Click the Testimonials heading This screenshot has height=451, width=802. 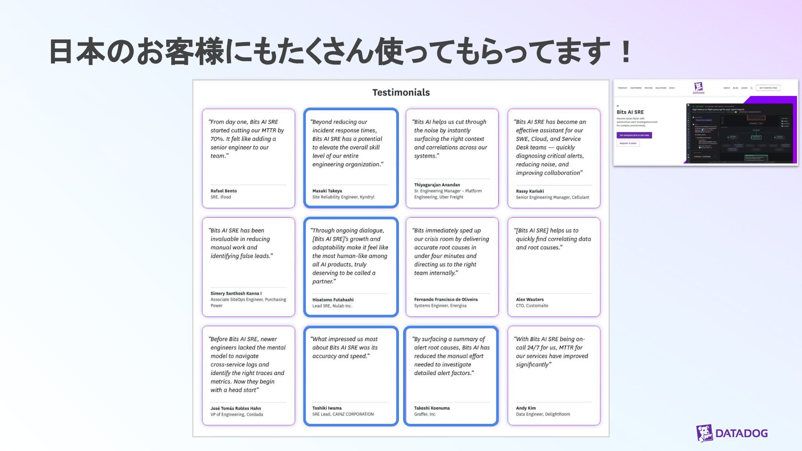[401, 92]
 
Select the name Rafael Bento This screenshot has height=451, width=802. [223, 191]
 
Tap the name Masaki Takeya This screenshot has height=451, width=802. [327, 191]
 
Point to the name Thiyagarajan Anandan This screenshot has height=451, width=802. [437, 185]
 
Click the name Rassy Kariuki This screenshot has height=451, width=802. [530, 191]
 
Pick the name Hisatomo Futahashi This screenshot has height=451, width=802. [333, 300]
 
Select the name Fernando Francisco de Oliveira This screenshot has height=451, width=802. [446, 299]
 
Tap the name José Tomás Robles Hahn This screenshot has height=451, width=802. [236, 408]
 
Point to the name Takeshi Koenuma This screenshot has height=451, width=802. [432, 408]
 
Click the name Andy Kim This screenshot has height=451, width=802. [525, 408]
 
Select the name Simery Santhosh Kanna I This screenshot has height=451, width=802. [236, 294]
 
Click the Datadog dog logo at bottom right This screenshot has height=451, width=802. [705, 433]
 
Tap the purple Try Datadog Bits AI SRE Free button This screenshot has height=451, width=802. [634, 135]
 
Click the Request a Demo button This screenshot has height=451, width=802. [628, 143]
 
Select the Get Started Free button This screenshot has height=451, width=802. [768, 88]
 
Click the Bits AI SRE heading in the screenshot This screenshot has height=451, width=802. [630, 112]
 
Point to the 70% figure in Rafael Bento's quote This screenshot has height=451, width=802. [217, 139]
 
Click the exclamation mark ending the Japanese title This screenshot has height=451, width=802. [625, 52]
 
